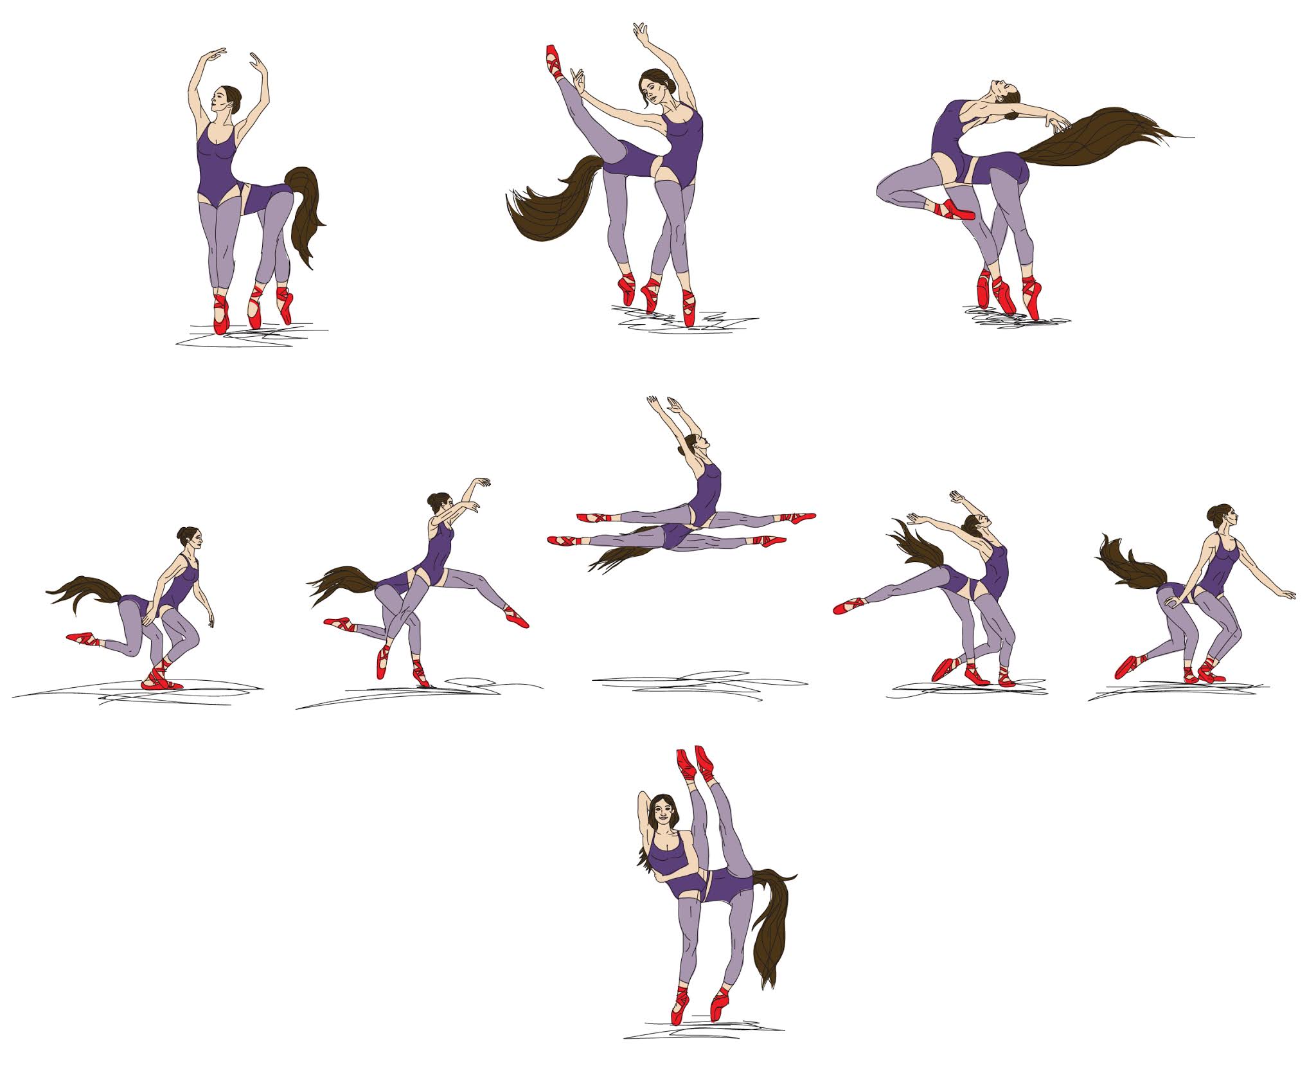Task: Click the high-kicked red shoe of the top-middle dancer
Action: click(553, 61)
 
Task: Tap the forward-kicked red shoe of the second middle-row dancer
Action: click(516, 617)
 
